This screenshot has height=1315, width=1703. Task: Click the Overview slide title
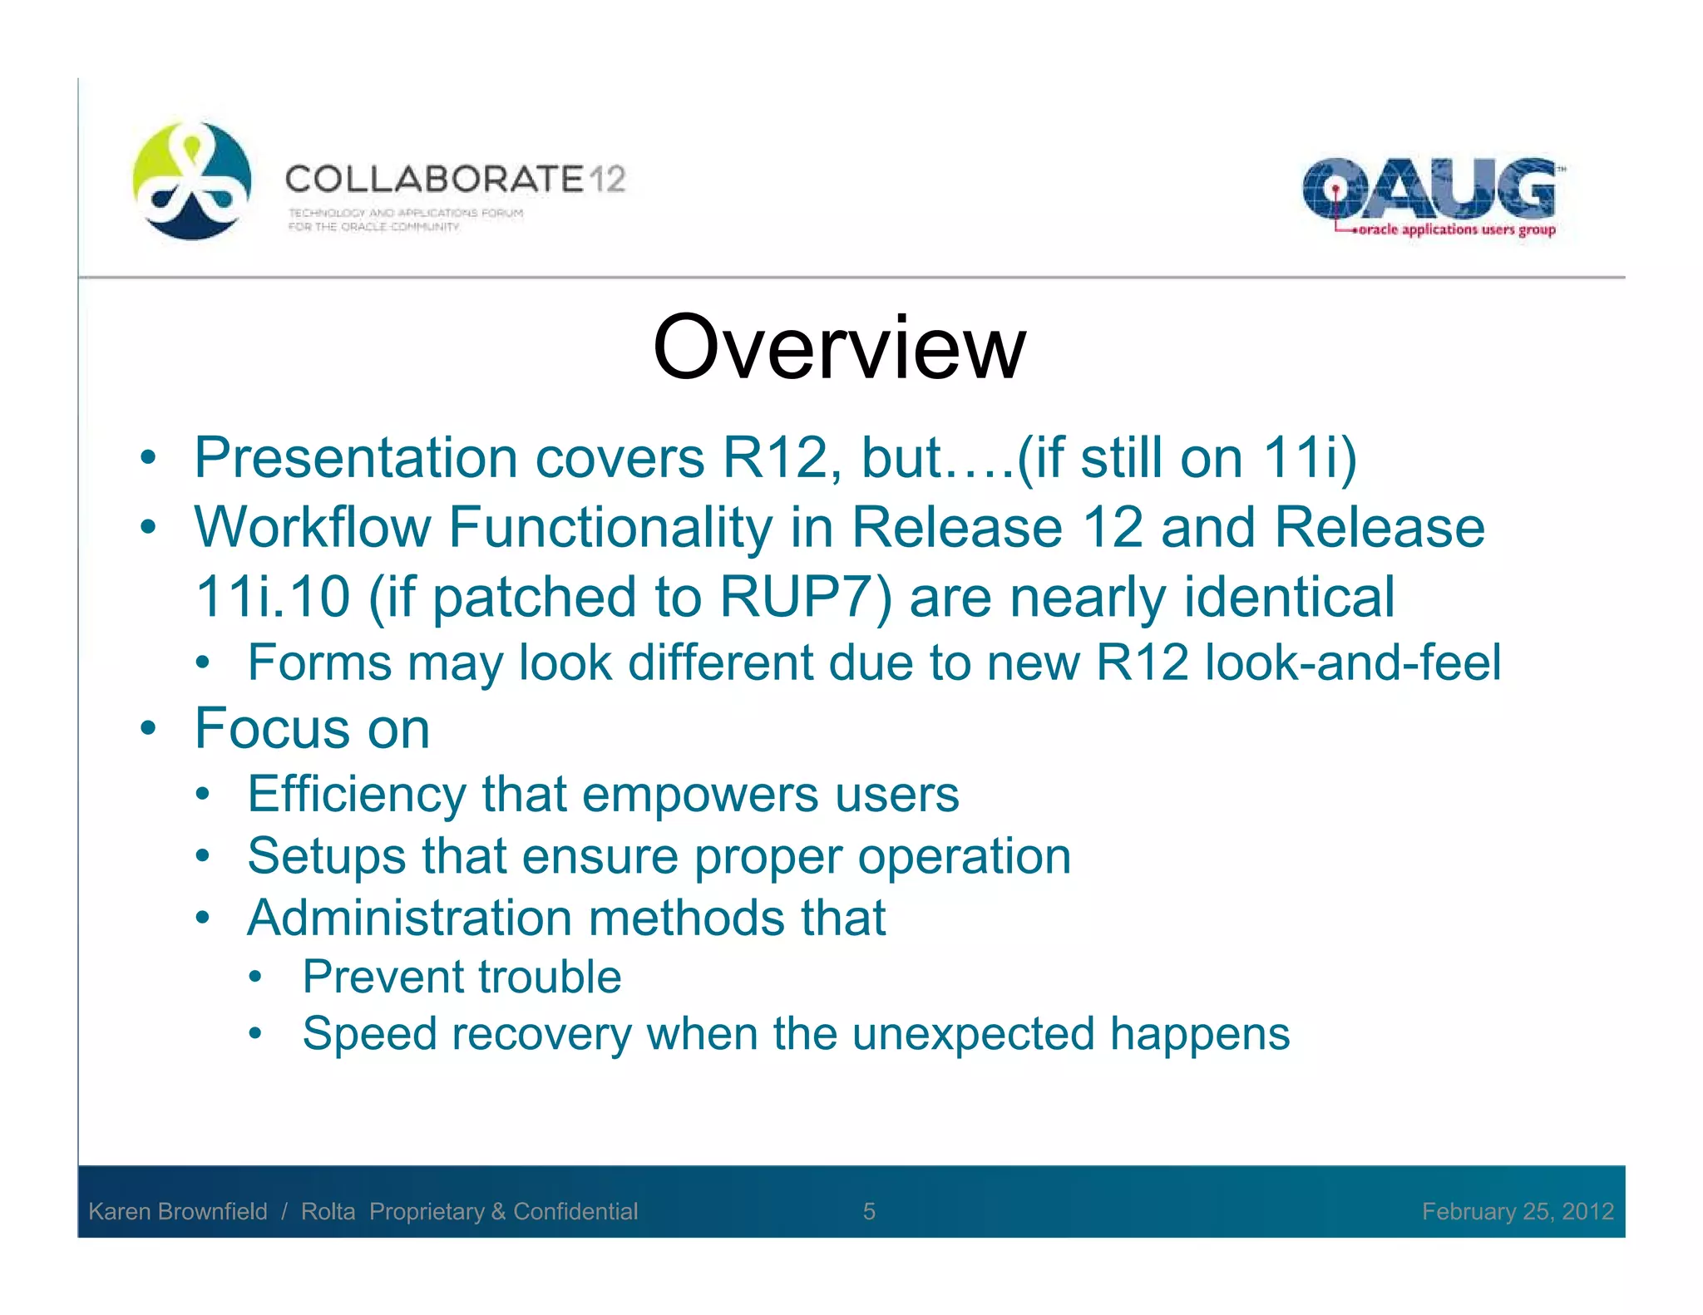point(839,347)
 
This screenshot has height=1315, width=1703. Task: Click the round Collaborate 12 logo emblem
point(192,180)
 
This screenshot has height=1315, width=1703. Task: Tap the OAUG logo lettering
point(1428,188)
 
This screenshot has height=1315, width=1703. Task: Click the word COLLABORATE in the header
point(435,179)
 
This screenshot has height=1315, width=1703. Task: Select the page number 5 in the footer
point(869,1211)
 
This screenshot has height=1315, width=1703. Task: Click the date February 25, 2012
point(1518,1211)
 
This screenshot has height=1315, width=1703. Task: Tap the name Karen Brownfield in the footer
point(178,1211)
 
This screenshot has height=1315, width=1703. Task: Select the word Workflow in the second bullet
point(312,528)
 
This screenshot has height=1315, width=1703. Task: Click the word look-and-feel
point(1353,662)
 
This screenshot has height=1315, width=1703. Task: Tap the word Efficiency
point(357,794)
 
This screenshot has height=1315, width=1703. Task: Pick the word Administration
point(410,918)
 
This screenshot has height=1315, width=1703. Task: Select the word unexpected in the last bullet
point(973,1034)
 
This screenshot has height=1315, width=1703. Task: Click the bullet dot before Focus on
point(148,729)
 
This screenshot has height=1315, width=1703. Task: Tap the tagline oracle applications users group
point(1456,229)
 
